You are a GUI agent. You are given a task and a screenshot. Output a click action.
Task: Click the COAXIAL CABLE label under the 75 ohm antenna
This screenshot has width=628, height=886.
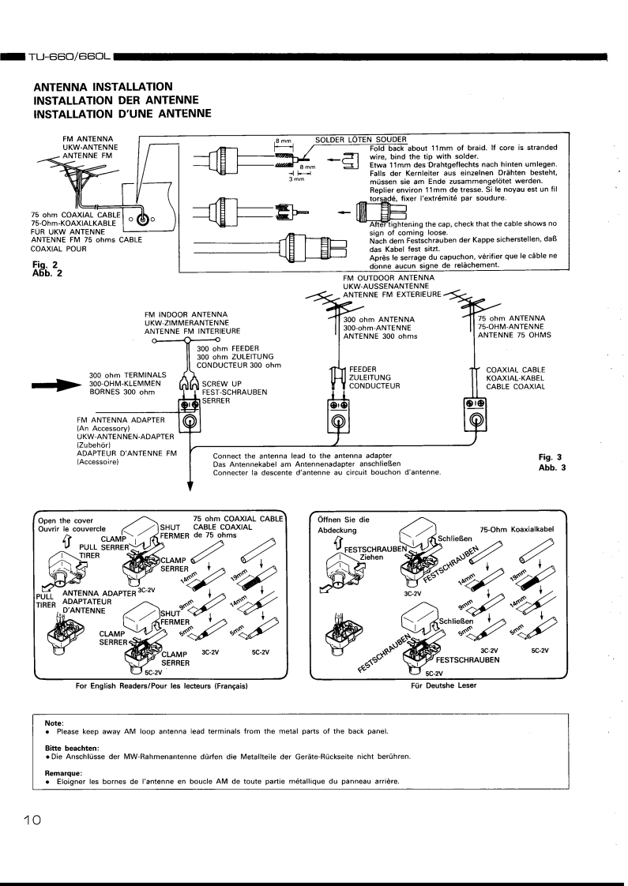tap(513, 368)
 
